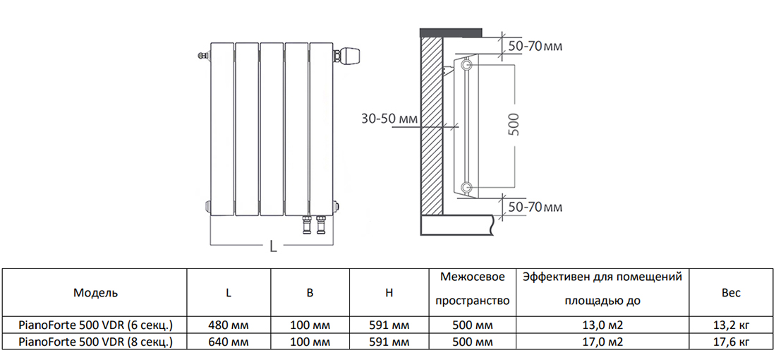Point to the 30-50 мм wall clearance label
point(389,119)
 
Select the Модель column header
point(95,292)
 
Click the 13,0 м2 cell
point(602,325)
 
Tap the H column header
point(389,292)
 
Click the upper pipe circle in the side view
point(466,66)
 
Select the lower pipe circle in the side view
point(466,187)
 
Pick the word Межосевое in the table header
point(472,277)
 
